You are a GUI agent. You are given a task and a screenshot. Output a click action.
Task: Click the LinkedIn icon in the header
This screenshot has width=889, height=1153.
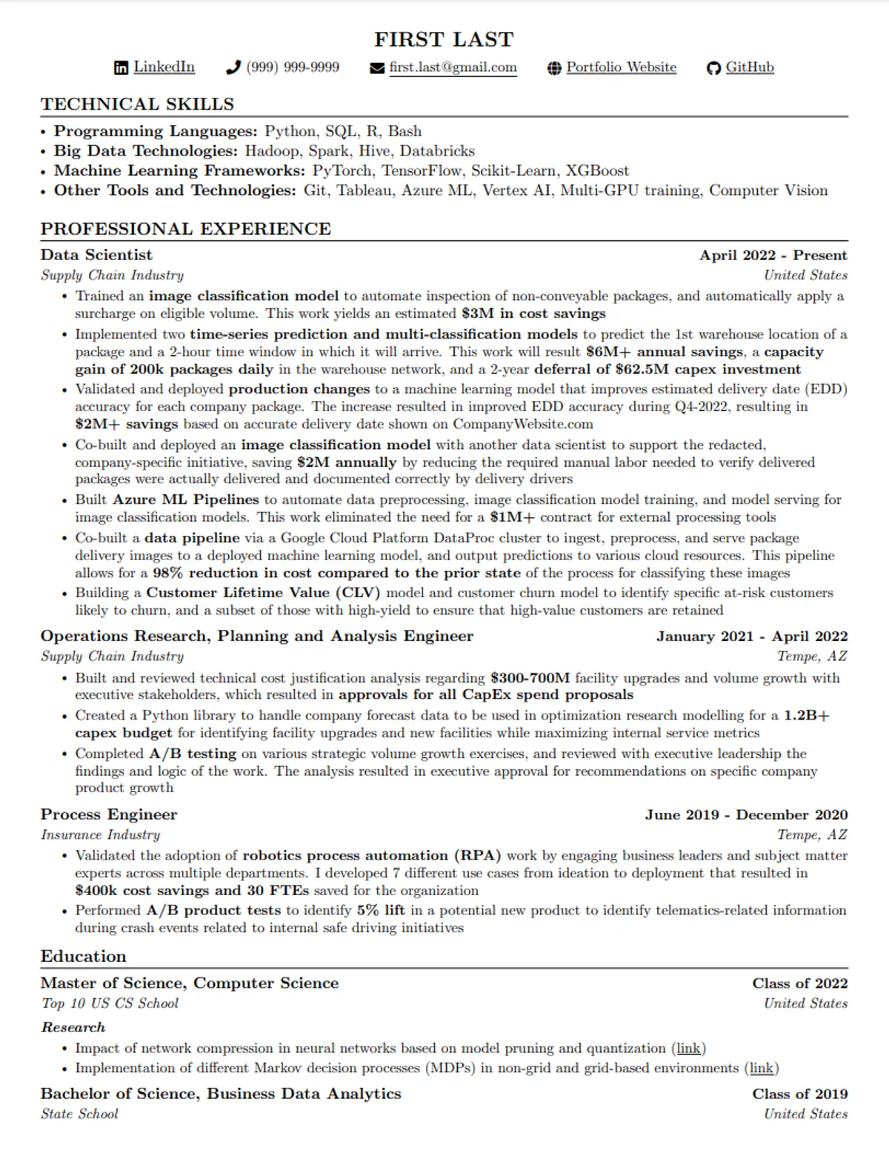(121, 68)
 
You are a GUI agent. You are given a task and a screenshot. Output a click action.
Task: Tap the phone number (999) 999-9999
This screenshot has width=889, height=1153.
(293, 67)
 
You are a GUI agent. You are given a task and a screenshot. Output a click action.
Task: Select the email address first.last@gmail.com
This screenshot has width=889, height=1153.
(453, 67)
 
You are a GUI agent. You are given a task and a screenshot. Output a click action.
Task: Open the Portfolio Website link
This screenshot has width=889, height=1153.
(621, 67)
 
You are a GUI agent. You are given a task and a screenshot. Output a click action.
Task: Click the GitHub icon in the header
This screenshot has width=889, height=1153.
(713, 68)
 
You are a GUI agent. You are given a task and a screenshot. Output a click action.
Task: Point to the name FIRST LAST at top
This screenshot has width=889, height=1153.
(444, 39)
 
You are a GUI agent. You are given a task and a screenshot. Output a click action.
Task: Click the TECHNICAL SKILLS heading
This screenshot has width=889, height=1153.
(137, 104)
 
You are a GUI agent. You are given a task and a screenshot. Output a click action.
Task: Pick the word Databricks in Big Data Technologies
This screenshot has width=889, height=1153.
(437, 151)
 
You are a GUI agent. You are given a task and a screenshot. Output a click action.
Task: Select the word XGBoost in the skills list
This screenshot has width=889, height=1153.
(597, 170)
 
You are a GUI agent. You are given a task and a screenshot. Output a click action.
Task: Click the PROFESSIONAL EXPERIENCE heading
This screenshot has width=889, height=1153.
(185, 229)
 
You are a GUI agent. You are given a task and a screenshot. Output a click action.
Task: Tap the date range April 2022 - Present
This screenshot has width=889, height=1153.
(773, 256)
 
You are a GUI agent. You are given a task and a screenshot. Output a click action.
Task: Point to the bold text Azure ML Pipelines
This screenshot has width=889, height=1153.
(186, 499)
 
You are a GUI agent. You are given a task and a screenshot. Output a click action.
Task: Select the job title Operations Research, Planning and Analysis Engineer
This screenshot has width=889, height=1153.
(256, 637)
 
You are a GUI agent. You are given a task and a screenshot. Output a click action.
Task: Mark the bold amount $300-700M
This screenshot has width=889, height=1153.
(530, 678)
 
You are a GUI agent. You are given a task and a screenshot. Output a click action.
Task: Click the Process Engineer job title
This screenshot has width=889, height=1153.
(109, 815)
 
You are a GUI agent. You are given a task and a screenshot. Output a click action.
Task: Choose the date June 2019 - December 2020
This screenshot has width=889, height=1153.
(746, 815)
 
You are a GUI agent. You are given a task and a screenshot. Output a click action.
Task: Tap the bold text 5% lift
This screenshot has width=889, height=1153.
(381, 910)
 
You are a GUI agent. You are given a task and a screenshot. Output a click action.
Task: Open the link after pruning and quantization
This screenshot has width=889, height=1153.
(688, 1049)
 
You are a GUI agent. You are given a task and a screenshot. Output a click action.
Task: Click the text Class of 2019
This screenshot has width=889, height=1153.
(799, 1094)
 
